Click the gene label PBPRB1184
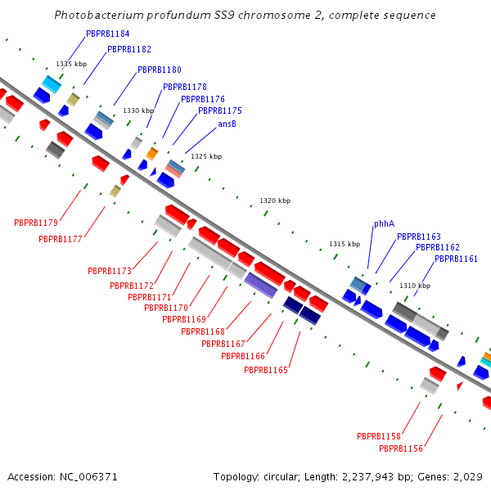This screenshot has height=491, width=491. pyautogui.click(x=108, y=34)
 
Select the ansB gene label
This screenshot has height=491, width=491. pyautogui.click(x=227, y=124)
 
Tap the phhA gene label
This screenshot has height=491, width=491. pyautogui.click(x=384, y=223)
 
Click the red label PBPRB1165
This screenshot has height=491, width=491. pyautogui.click(x=266, y=371)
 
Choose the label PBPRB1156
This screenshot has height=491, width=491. pyautogui.click(x=401, y=448)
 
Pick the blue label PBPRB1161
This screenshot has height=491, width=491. pyautogui.click(x=457, y=259)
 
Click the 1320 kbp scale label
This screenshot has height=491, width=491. pyautogui.click(x=275, y=200)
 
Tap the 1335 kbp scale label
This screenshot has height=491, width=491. pyautogui.click(x=71, y=64)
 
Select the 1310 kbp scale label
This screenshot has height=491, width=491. pyautogui.click(x=415, y=286)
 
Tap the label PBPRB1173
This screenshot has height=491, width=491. pyautogui.click(x=110, y=271)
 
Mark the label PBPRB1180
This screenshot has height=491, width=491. pyautogui.click(x=160, y=70)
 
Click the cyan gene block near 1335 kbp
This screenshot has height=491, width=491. pyautogui.click(x=52, y=83)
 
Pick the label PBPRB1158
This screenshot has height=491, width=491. pyautogui.click(x=379, y=436)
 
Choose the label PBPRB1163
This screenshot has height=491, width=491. pyautogui.click(x=419, y=236)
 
